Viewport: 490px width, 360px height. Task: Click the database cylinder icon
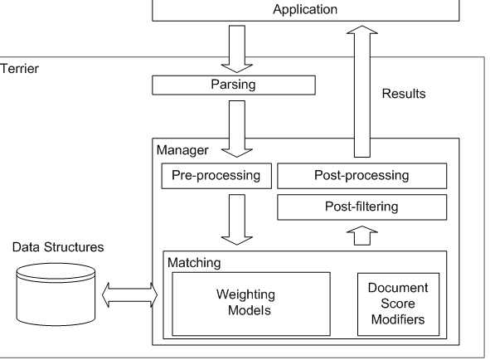click(x=56, y=293)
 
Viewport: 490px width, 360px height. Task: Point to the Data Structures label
click(x=54, y=247)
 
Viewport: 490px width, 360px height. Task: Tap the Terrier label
click(x=18, y=68)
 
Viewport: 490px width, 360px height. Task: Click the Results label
click(x=404, y=95)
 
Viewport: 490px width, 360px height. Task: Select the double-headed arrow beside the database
click(x=129, y=294)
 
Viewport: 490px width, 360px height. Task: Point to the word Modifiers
click(x=397, y=318)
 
